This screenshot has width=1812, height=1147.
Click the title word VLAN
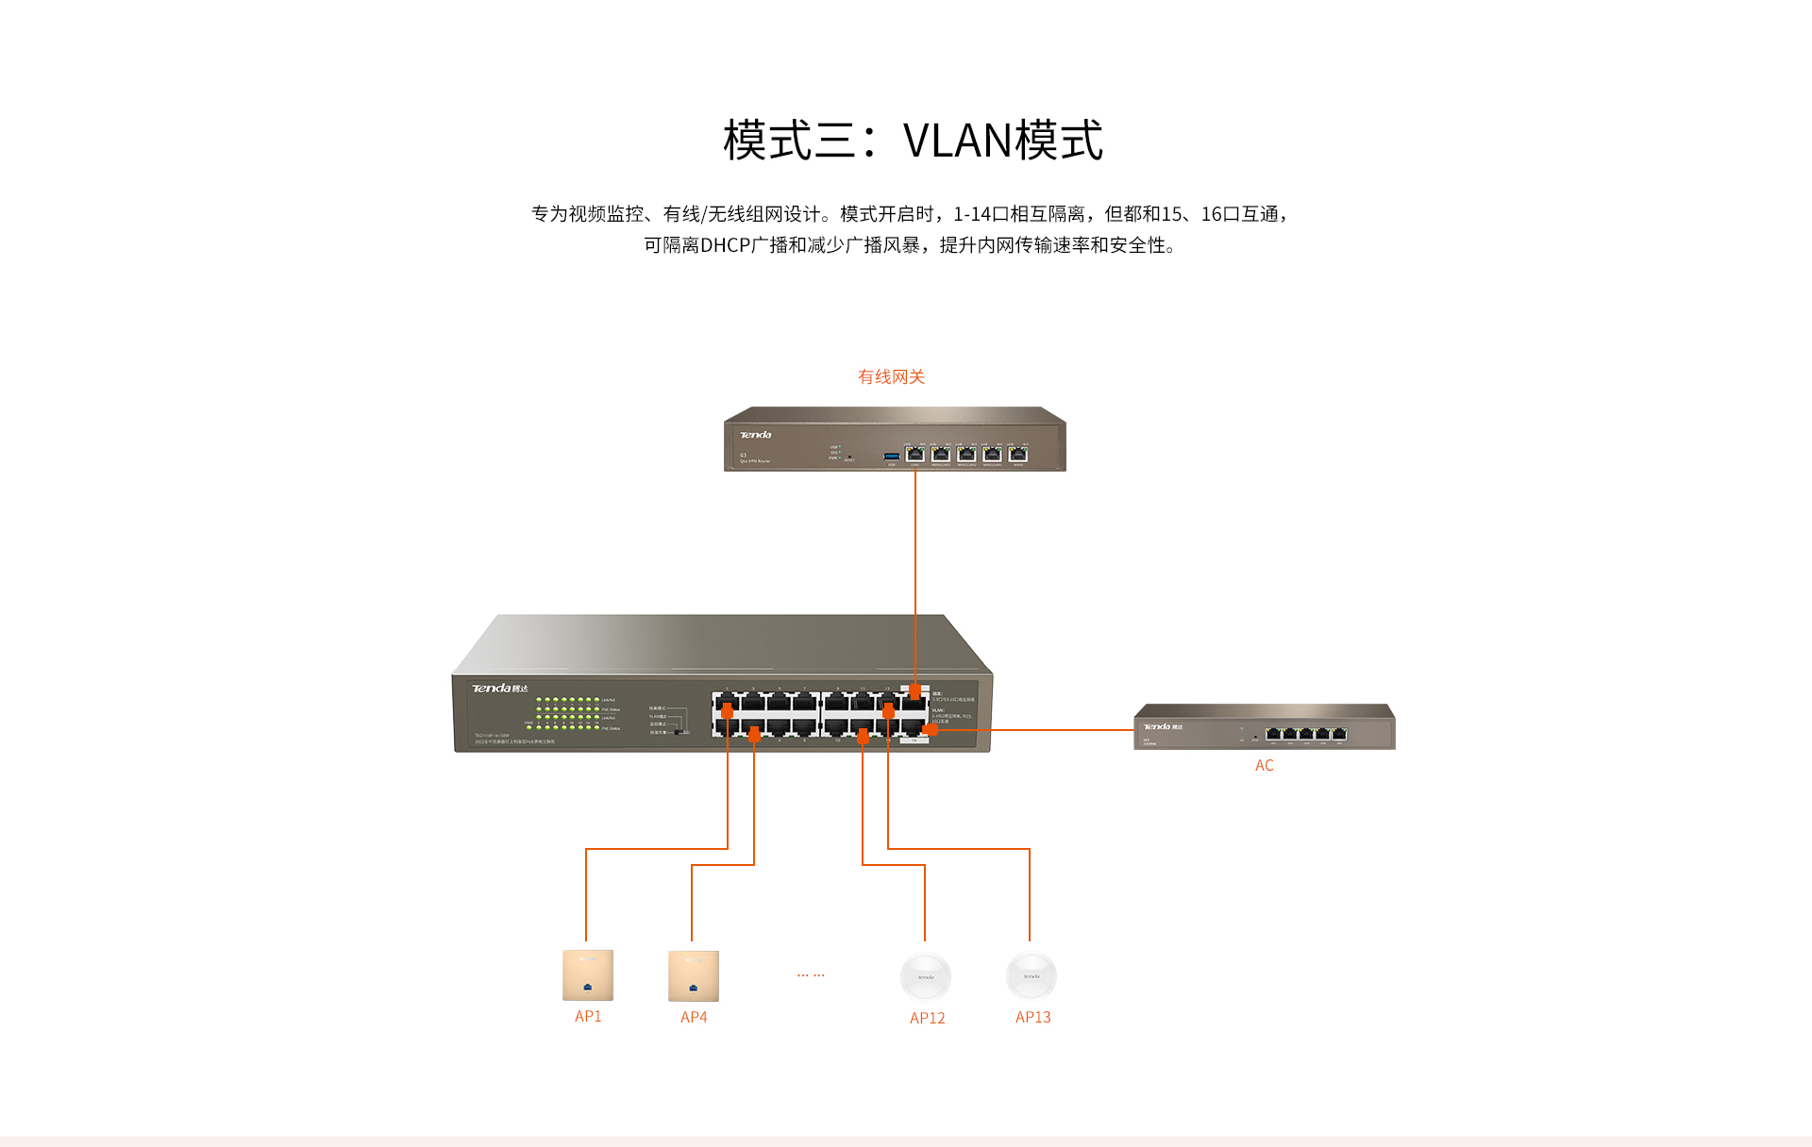tap(957, 141)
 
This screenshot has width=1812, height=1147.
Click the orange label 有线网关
tap(890, 376)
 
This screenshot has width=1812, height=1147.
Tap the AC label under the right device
tap(1264, 765)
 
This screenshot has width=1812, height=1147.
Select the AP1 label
tap(587, 1016)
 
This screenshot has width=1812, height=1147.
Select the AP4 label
tap(693, 1017)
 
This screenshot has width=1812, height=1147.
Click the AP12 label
tap(927, 1018)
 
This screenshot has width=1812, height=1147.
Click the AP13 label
tap(1032, 1017)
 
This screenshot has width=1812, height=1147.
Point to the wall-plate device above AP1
tap(587, 974)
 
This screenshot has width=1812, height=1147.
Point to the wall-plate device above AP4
tap(693, 975)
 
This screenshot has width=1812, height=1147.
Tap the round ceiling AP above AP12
tap(925, 976)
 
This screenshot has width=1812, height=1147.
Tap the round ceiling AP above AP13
tap(1031, 975)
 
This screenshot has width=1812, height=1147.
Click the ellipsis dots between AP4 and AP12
tap(810, 974)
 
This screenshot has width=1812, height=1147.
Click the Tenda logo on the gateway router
tap(755, 435)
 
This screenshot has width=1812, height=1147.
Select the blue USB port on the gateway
tap(891, 457)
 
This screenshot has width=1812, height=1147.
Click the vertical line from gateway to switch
tap(914, 566)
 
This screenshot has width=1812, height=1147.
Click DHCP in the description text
tap(725, 245)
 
